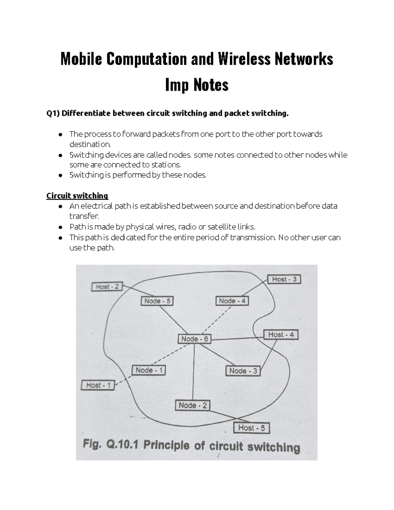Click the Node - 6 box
(x=194, y=339)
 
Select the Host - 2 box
(x=107, y=287)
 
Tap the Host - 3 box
(x=284, y=279)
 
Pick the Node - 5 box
(x=157, y=301)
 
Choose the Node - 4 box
(x=232, y=301)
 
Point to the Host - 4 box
(x=281, y=335)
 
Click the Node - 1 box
(x=149, y=370)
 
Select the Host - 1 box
(x=98, y=385)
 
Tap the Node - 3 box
(x=243, y=371)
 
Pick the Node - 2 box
(x=193, y=406)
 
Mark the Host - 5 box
(x=251, y=428)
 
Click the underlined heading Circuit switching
(x=77, y=196)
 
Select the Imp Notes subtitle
(x=197, y=85)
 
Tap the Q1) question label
(x=53, y=114)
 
